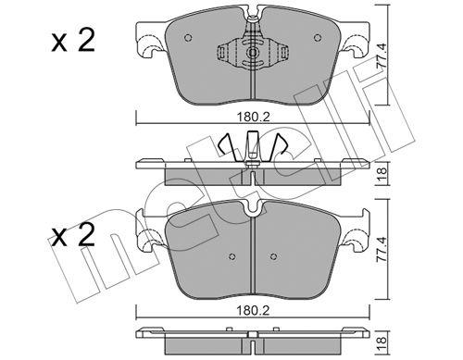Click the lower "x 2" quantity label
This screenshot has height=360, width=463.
click(x=73, y=235)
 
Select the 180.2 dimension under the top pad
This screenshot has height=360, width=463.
click(x=253, y=118)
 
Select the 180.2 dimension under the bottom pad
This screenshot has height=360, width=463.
click(x=253, y=311)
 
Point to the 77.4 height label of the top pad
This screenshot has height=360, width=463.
click(x=382, y=56)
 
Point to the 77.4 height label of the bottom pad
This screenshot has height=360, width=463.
click(x=382, y=250)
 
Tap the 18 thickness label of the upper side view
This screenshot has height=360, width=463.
click(x=382, y=174)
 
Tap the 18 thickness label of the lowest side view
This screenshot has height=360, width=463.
click(x=382, y=342)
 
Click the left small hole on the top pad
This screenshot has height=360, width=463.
click(x=188, y=38)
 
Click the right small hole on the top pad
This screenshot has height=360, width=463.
click(x=318, y=38)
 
